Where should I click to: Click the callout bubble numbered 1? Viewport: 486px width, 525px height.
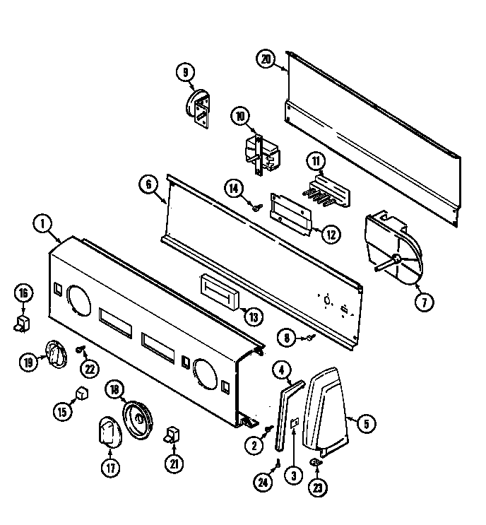[x=42, y=224]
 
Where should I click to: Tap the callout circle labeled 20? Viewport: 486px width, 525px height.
[x=266, y=59]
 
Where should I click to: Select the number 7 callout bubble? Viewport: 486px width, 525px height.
[x=424, y=302]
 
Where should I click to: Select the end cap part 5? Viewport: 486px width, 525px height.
[x=328, y=408]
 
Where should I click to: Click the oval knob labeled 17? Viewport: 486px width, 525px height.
[x=107, y=432]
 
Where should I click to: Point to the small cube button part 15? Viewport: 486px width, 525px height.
[x=83, y=394]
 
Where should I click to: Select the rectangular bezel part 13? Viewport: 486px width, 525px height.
[x=220, y=291]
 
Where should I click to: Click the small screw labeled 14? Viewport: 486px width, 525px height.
[x=259, y=207]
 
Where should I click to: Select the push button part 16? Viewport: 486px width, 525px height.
[x=23, y=324]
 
